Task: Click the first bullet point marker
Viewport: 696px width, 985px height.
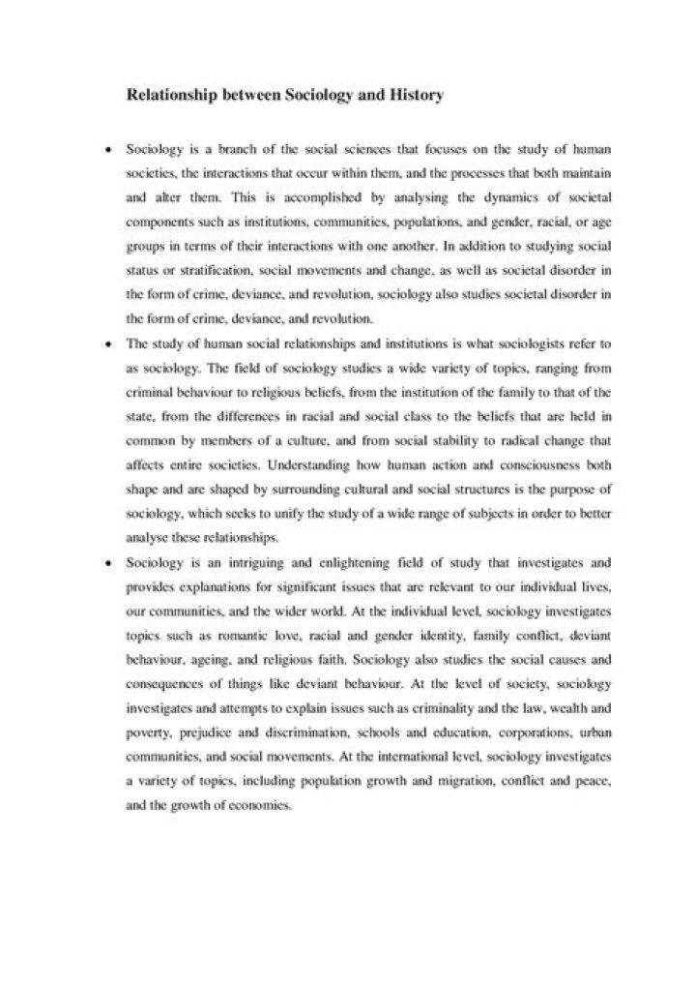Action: coord(107,152)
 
